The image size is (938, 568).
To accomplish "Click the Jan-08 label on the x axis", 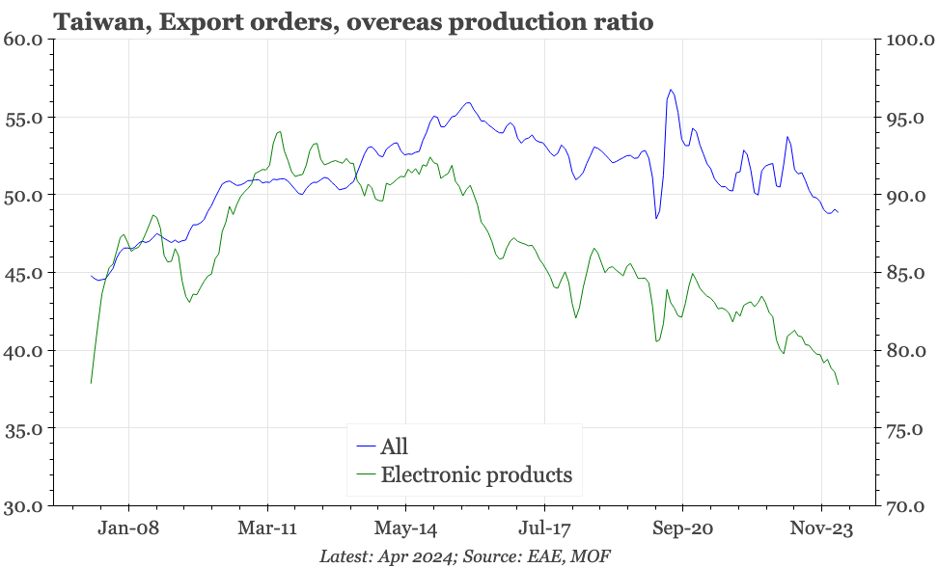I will coord(128,529).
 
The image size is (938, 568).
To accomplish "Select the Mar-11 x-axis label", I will coord(267,529).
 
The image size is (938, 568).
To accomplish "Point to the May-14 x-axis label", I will coord(405,529).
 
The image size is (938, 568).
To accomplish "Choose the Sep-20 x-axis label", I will coord(682,529).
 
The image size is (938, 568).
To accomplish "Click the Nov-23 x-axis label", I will coord(821,529).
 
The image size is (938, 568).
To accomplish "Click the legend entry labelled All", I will coord(394,446).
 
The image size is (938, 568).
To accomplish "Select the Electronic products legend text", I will coord(476,474).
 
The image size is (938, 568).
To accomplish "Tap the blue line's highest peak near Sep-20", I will coord(670,90).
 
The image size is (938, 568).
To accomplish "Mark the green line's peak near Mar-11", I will coord(279,132).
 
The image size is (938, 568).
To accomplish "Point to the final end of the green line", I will coord(839,385).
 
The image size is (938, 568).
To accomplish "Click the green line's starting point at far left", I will coord(91,384).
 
